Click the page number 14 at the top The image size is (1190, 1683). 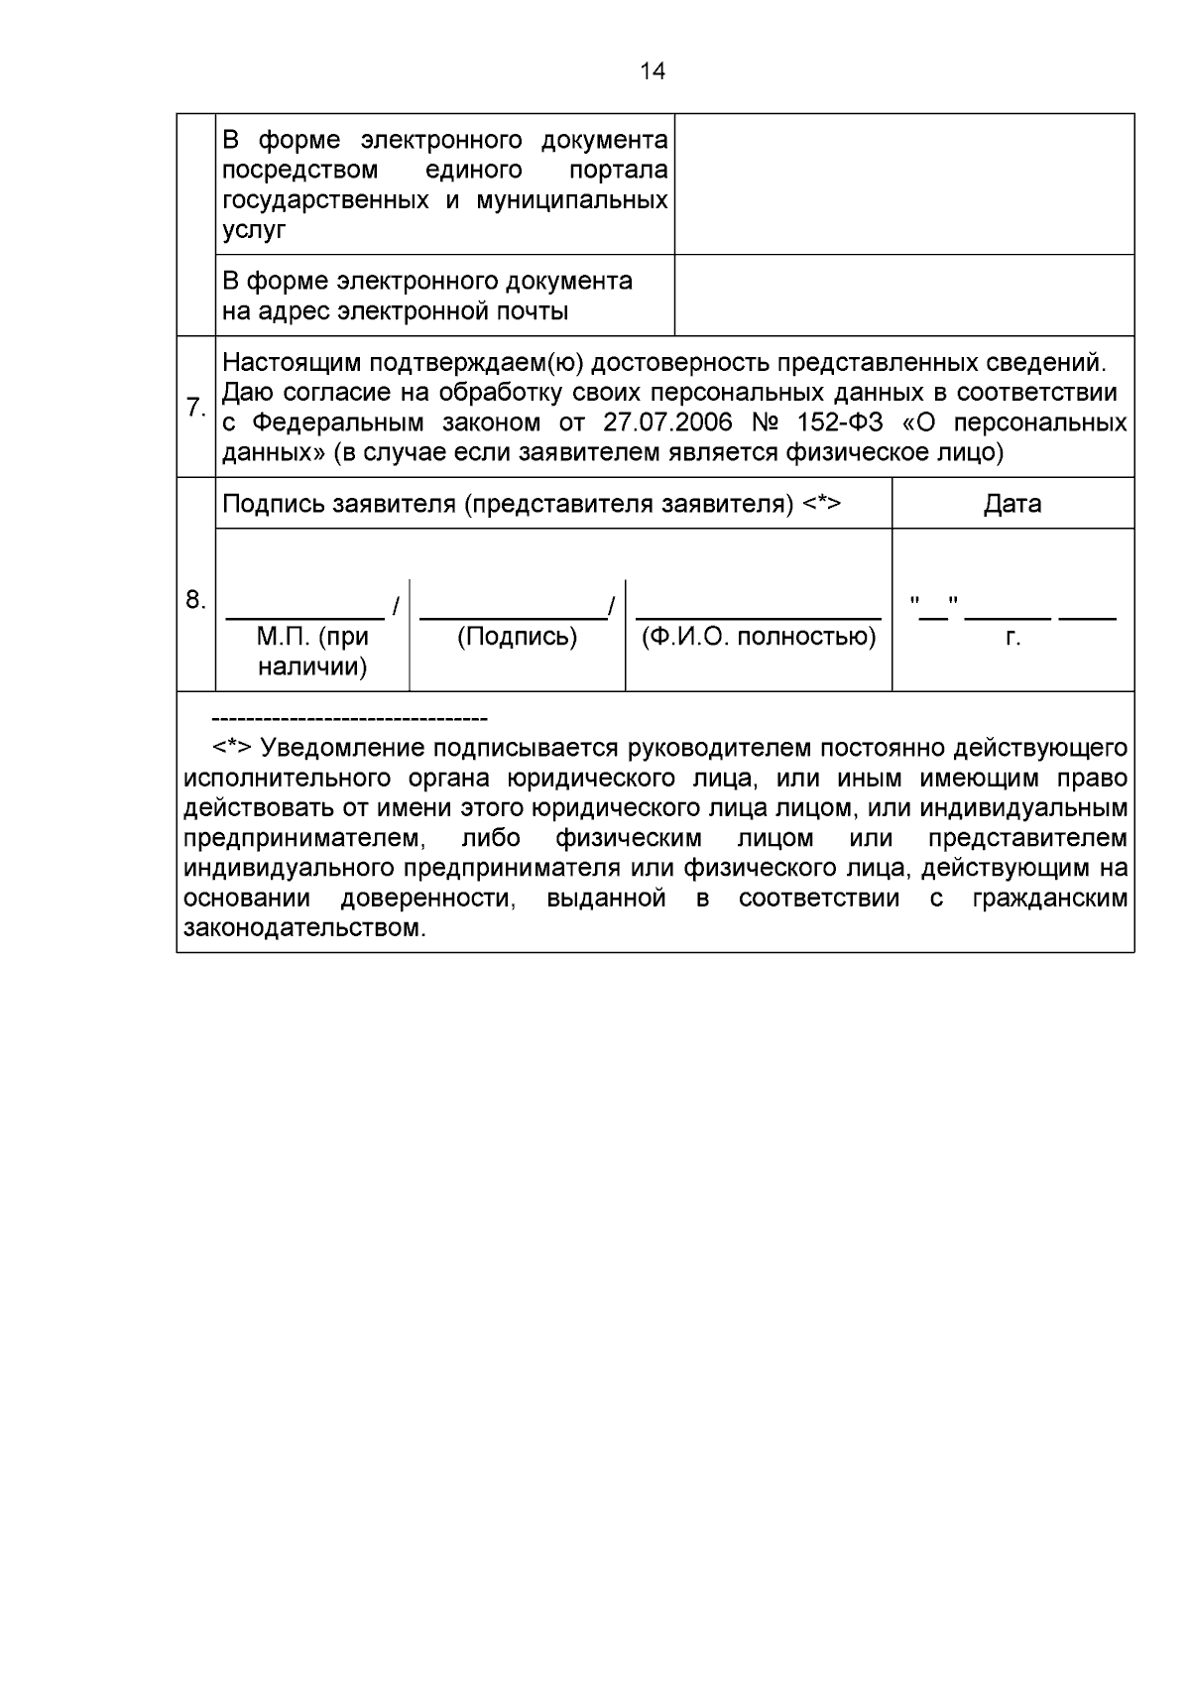(x=653, y=71)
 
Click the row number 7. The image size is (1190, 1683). (x=195, y=408)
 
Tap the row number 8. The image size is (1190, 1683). (x=195, y=599)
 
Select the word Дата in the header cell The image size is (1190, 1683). (x=1012, y=504)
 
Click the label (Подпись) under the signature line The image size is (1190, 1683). (x=517, y=637)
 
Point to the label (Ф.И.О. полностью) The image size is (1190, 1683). (x=759, y=637)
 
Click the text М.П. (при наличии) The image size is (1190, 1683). (x=312, y=652)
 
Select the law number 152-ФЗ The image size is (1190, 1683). (x=840, y=422)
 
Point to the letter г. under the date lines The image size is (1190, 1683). (x=1012, y=638)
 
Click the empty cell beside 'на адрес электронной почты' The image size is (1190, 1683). (x=903, y=296)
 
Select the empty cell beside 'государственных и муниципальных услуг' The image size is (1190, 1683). (x=903, y=184)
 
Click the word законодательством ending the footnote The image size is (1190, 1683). (x=304, y=929)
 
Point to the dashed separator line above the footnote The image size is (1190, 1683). (x=349, y=718)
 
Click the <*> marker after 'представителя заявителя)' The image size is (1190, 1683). (x=821, y=504)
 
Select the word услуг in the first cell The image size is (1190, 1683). (x=253, y=230)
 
